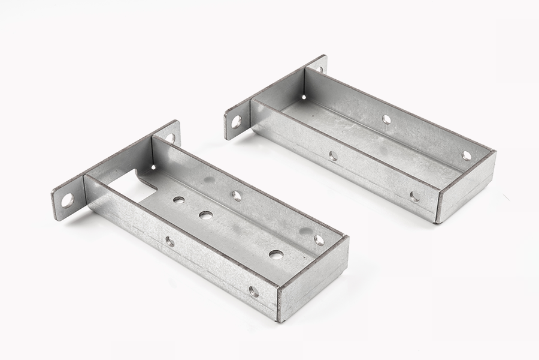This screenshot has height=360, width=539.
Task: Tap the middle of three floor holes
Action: tap(205, 215)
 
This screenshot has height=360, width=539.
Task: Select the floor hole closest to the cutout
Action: tap(178, 200)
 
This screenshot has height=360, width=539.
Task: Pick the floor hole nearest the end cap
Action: tap(276, 254)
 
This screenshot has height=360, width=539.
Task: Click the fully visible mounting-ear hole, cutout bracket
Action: tap(67, 200)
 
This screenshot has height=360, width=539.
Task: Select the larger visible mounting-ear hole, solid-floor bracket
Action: tap(237, 122)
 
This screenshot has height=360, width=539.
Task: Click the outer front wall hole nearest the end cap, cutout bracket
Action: tap(253, 292)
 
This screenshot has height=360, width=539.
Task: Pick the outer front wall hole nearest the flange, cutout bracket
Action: tap(170, 241)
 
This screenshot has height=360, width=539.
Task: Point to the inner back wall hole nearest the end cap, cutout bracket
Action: tap(319, 240)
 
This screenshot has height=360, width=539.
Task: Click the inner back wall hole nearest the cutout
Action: tap(237, 196)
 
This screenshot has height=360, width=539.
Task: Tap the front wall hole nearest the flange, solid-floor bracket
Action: tap(333, 156)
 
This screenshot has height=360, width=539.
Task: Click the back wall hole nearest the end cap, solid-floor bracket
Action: tap(467, 155)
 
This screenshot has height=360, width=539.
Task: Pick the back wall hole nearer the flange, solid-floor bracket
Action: tap(386, 119)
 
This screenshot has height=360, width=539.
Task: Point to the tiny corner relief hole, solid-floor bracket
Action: tap(304, 97)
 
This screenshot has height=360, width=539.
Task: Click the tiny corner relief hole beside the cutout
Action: tap(152, 167)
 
